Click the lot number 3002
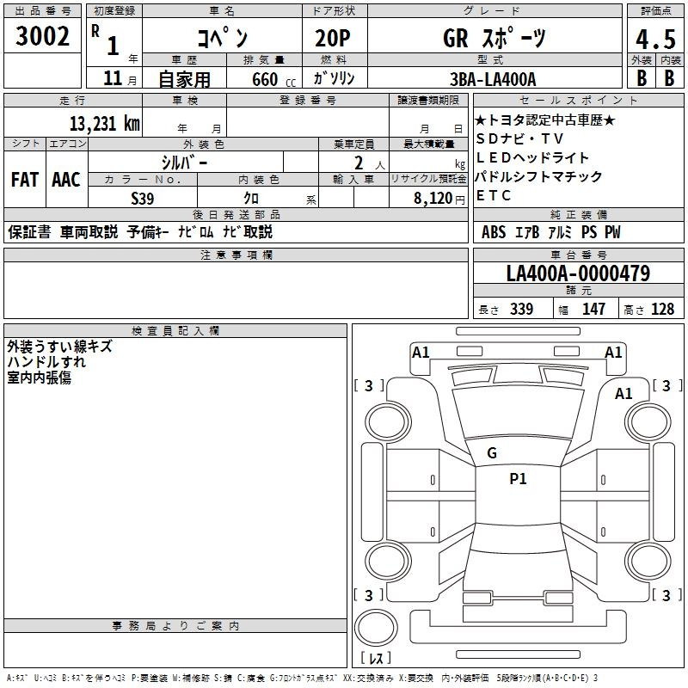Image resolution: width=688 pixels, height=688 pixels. coord(43,36)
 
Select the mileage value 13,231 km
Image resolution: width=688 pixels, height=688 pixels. coord(105,123)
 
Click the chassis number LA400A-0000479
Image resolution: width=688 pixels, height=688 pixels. coord(578,273)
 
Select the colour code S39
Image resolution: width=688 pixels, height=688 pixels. coord(143,197)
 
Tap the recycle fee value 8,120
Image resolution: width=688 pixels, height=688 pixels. coord(434,197)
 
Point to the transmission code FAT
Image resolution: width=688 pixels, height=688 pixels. coord(24,180)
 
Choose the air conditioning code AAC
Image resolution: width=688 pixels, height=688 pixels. coord(65,180)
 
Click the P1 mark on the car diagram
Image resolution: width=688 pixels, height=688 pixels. coord(518,479)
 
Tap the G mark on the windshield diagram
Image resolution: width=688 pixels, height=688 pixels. coord(492,453)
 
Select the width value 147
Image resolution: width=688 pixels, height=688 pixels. coord(593,309)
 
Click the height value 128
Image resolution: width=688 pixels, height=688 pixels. coord(662,309)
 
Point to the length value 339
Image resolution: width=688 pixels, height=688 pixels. coord(521,309)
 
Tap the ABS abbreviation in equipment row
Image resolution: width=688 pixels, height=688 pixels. coord(494,232)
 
